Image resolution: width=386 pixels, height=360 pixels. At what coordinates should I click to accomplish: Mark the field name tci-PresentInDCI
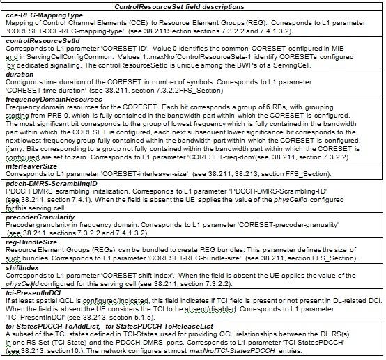(x=34, y=294)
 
